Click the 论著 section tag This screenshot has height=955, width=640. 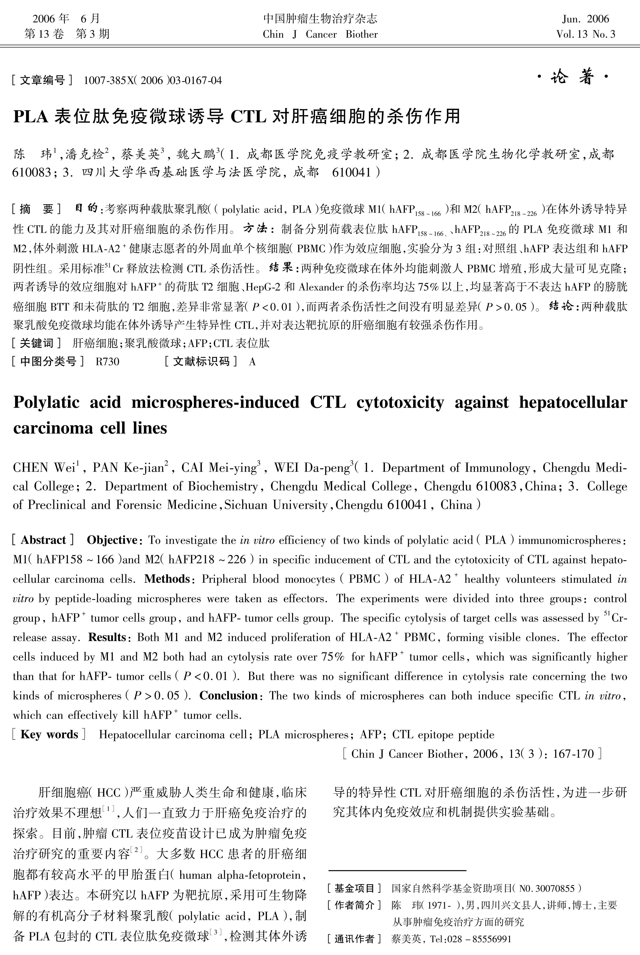click(x=572, y=77)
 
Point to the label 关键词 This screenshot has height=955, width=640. click(x=37, y=343)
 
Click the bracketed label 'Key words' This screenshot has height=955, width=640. click(x=49, y=735)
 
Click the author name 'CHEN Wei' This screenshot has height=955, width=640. click(x=45, y=468)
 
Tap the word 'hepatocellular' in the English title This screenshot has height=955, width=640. click(x=573, y=403)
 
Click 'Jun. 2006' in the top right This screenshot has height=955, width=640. click(x=585, y=19)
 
